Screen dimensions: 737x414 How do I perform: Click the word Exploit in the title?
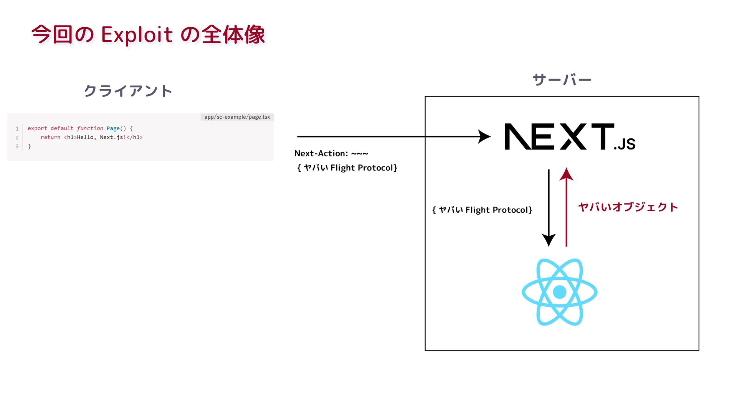click(137, 34)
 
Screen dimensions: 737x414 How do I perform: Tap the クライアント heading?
click(128, 91)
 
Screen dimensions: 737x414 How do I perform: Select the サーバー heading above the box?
click(562, 80)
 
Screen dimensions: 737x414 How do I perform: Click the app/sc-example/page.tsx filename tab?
click(237, 117)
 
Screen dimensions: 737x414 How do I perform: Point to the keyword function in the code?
click(90, 128)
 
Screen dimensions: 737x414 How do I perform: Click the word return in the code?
click(50, 137)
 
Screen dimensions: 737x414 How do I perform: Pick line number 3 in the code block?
click(17, 146)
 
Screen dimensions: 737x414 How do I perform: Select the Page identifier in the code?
click(113, 128)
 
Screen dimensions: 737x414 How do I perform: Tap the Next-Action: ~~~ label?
click(331, 153)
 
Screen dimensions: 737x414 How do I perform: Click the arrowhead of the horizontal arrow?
click(484, 136)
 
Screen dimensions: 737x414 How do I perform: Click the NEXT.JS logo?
click(570, 137)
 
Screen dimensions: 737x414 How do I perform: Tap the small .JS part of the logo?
click(625, 144)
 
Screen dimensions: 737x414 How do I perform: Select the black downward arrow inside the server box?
click(549, 207)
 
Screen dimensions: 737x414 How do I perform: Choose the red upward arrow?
click(566, 207)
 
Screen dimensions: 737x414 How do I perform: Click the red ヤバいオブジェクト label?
click(628, 207)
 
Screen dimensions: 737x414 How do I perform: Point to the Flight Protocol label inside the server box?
click(482, 210)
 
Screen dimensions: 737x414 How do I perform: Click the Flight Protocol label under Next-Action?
click(347, 168)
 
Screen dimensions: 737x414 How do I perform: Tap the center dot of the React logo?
click(559, 292)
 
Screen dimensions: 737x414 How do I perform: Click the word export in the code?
click(37, 128)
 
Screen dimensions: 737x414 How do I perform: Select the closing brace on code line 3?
click(29, 146)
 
